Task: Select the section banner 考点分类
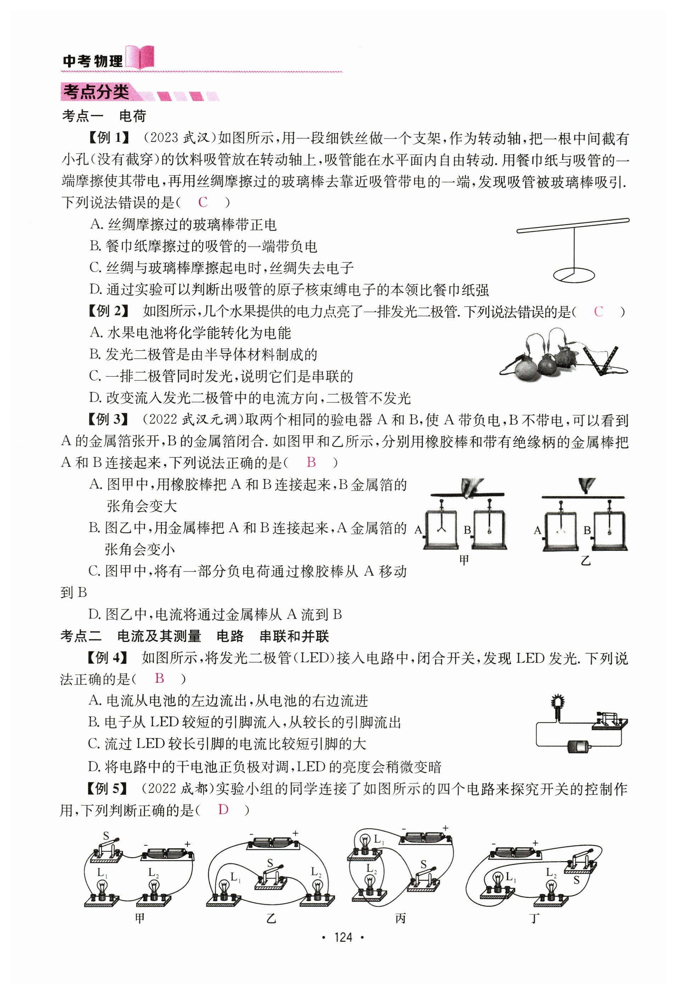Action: click(96, 91)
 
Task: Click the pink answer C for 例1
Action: click(203, 202)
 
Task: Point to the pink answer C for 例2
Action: click(598, 312)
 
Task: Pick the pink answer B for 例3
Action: click(311, 462)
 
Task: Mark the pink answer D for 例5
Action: click(223, 810)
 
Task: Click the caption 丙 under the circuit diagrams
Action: click(400, 918)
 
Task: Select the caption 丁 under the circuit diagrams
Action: click(535, 918)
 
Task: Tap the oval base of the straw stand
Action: click(574, 275)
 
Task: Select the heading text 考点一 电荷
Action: click(104, 116)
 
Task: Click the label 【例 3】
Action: click(108, 420)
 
